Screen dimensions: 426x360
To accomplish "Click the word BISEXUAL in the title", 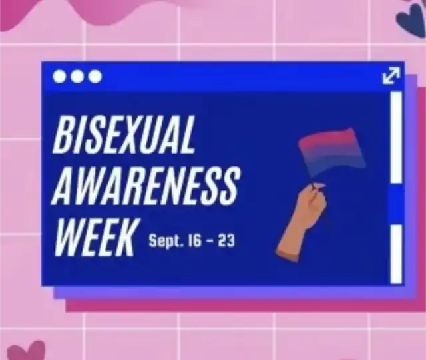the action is click(x=124, y=134).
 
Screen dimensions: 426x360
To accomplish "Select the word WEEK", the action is click(x=95, y=237).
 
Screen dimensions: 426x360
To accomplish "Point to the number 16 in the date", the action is click(x=195, y=241).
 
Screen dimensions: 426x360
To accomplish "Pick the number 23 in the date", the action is click(x=226, y=241).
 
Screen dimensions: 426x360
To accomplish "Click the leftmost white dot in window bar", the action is click(x=59, y=77).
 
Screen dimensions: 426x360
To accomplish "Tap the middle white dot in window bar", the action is click(x=77, y=77).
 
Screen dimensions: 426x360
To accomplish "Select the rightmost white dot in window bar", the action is click(x=95, y=77).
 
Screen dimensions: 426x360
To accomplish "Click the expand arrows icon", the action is click(x=391, y=75).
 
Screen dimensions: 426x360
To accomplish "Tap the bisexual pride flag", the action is click(x=333, y=152).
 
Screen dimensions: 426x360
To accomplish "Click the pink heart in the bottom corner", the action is click(x=26, y=351).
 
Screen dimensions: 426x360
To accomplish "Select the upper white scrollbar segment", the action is click(x=396, y=137).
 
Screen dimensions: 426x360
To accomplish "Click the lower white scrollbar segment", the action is click(x=396, y=254).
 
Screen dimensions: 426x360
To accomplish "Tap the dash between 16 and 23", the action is click(x=210, y=242).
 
